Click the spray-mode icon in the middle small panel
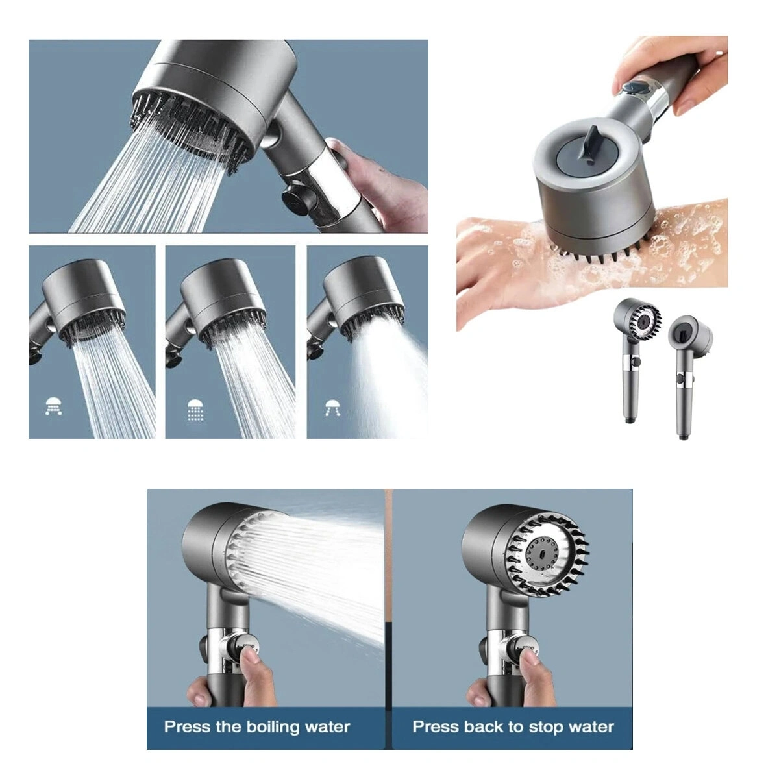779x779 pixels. tap(195, 410)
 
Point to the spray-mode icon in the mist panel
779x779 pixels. tap(334, 408)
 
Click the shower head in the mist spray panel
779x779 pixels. tap(362, 299)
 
